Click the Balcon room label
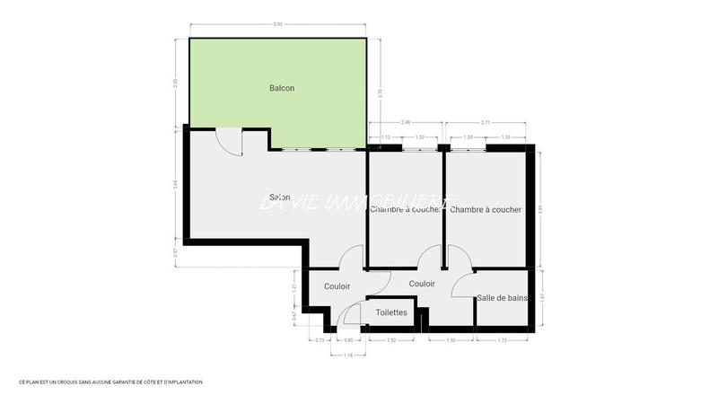282,88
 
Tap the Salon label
279,198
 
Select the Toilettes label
391,313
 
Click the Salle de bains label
503,298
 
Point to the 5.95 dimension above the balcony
279,24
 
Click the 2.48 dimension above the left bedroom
406,122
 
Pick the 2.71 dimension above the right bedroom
485,122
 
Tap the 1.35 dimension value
505,137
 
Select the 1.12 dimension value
386,137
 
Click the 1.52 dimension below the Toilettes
391,341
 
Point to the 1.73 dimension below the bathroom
502,341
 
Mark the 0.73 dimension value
320,341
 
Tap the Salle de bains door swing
463,285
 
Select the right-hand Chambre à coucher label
486,210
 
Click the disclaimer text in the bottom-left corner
110,382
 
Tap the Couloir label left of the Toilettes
337,286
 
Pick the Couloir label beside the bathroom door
422,284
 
